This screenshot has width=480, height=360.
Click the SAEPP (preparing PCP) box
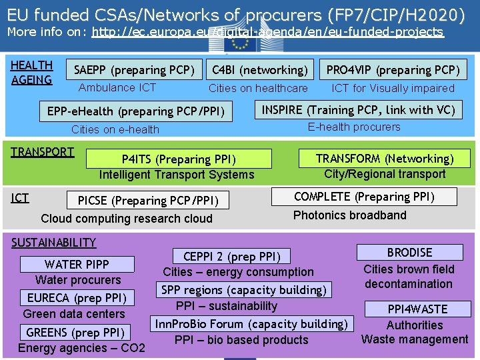134,70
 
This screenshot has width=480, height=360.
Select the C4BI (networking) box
259,70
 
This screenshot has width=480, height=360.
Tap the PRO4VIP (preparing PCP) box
393,70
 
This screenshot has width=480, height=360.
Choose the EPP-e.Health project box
136,111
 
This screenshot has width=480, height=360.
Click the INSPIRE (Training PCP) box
358,110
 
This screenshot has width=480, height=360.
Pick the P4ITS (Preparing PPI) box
179,159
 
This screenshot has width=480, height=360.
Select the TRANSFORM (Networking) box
384,158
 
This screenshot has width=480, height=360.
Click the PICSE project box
153,200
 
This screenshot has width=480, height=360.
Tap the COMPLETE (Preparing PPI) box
364,197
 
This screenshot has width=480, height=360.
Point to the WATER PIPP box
77,264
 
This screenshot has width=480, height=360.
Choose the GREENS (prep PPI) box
75,332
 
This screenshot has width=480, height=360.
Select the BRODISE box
409,253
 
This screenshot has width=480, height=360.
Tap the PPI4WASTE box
417,309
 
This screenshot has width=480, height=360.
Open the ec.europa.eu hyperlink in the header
267,32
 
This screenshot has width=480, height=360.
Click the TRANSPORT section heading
43,151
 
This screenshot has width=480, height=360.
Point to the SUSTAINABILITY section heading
54,243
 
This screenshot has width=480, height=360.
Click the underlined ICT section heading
20,197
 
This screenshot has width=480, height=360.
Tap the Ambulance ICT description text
117,87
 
